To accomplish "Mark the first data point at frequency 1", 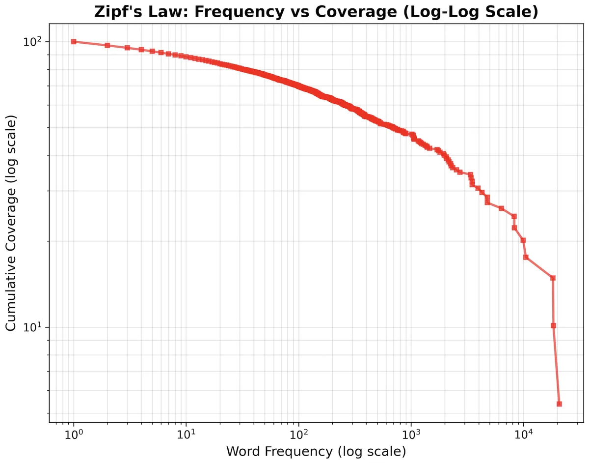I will point(74,42).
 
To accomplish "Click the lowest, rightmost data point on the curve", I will point(559,404).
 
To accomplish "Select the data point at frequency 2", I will point(107,45).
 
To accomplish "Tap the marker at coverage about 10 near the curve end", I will point(553,325).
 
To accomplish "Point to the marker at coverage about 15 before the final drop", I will point(553,278).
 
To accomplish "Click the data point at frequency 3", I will point(127,48).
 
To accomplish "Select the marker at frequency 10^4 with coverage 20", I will point(523,240).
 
